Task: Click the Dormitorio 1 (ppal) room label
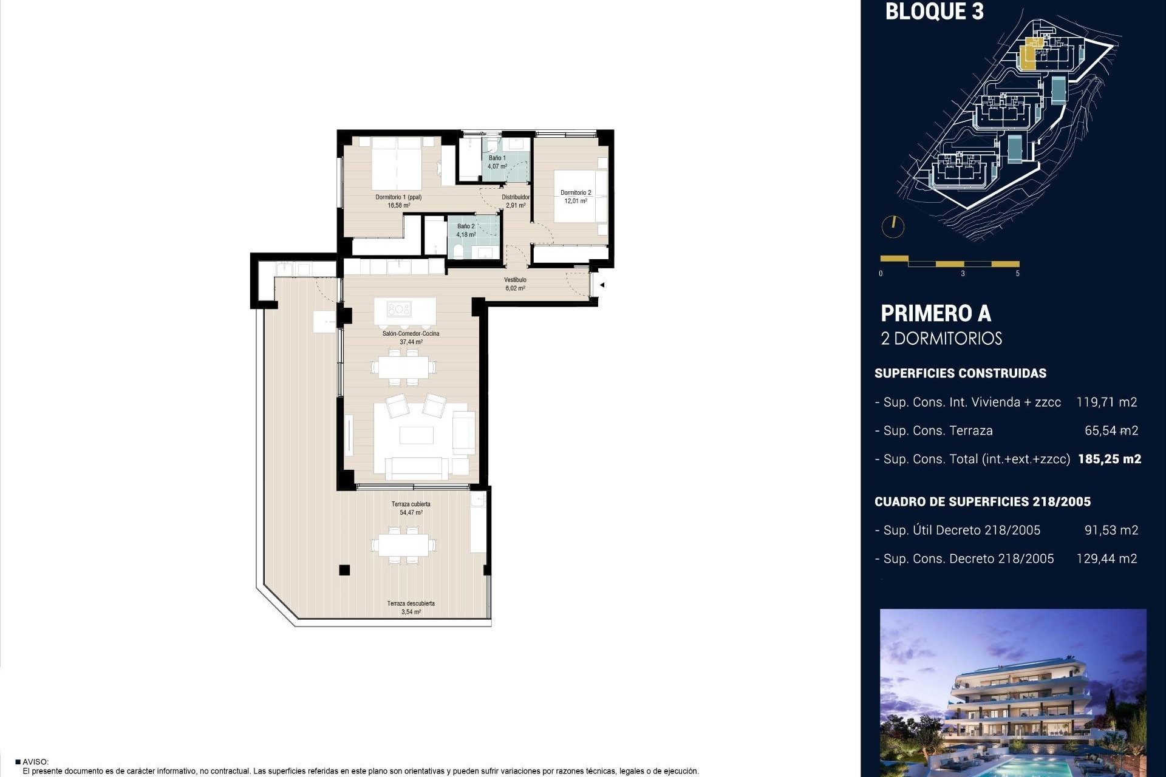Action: click(398, 201)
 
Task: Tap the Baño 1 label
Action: click(497, 161)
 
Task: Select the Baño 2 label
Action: click(466, 230)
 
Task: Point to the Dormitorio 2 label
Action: click(575, 196)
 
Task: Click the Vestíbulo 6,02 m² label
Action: click(515, 284)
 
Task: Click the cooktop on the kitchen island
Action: click(399, 310)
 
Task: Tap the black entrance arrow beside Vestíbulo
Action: click(602, 284)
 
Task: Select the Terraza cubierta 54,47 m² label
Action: click(411, 508)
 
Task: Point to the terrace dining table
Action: click(404, 544)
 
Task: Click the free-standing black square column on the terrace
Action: click(344, 569)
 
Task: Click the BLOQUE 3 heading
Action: click(934, 12)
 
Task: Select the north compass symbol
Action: click(893, 226)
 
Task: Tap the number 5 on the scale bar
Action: click(1017, 274)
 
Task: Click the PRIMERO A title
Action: click(935, 314)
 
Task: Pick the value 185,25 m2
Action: click(1109, 459)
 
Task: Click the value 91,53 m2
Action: click(1111, 530)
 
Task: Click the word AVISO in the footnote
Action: click(35, 762)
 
